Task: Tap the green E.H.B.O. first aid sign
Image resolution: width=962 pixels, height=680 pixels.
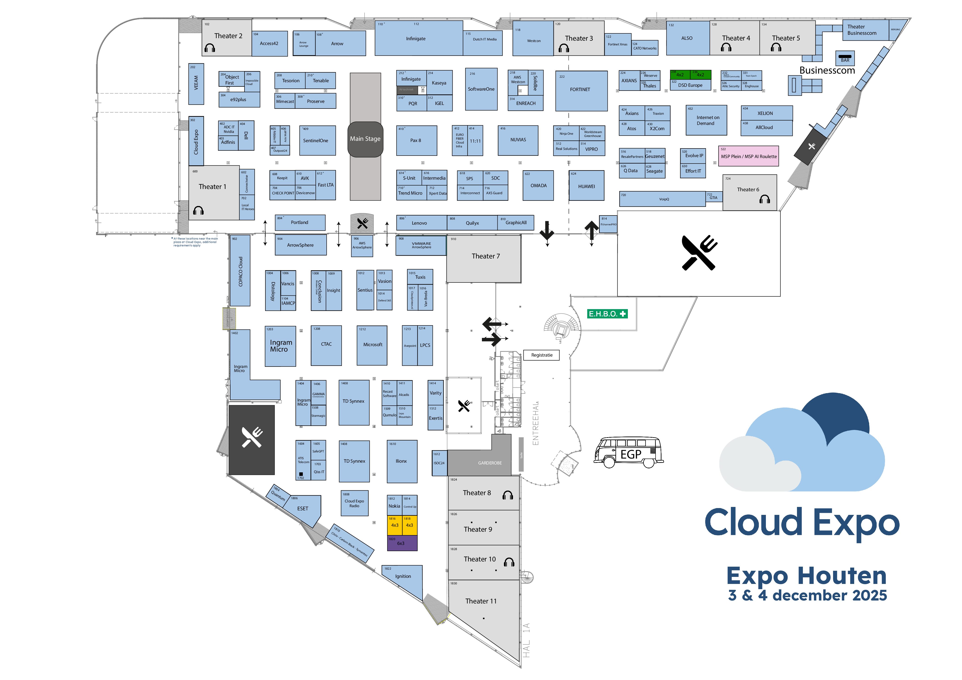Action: tap(607, 314)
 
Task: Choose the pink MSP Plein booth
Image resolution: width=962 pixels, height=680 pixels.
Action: tap(748, 156)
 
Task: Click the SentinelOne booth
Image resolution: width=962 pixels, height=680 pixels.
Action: tap(317, 140)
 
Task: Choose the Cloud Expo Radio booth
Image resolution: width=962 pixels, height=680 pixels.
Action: tap(355, 503)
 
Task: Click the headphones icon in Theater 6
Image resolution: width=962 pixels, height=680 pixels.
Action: tap(765, 200)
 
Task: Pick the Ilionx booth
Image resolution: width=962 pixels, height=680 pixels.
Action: tap(401, 461)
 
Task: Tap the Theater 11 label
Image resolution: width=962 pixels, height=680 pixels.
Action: tap(481, 601)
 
